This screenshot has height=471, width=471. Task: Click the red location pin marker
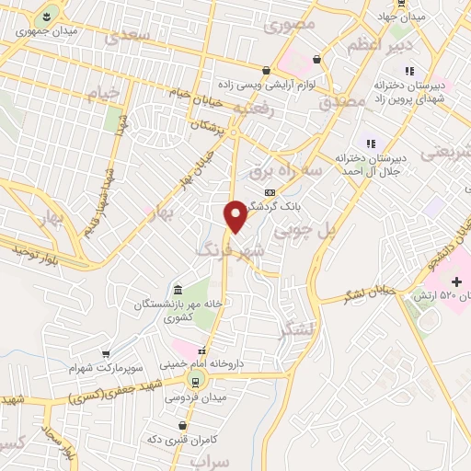pos(235,214)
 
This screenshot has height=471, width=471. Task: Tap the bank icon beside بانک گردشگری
pos(269,191)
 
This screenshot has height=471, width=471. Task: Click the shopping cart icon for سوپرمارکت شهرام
pos(106,353)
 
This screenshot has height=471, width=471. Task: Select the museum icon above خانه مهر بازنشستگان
pos(178,290)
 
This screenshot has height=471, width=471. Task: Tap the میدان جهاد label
pos(403,17)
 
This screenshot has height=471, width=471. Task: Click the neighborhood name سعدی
pos(127,37)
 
